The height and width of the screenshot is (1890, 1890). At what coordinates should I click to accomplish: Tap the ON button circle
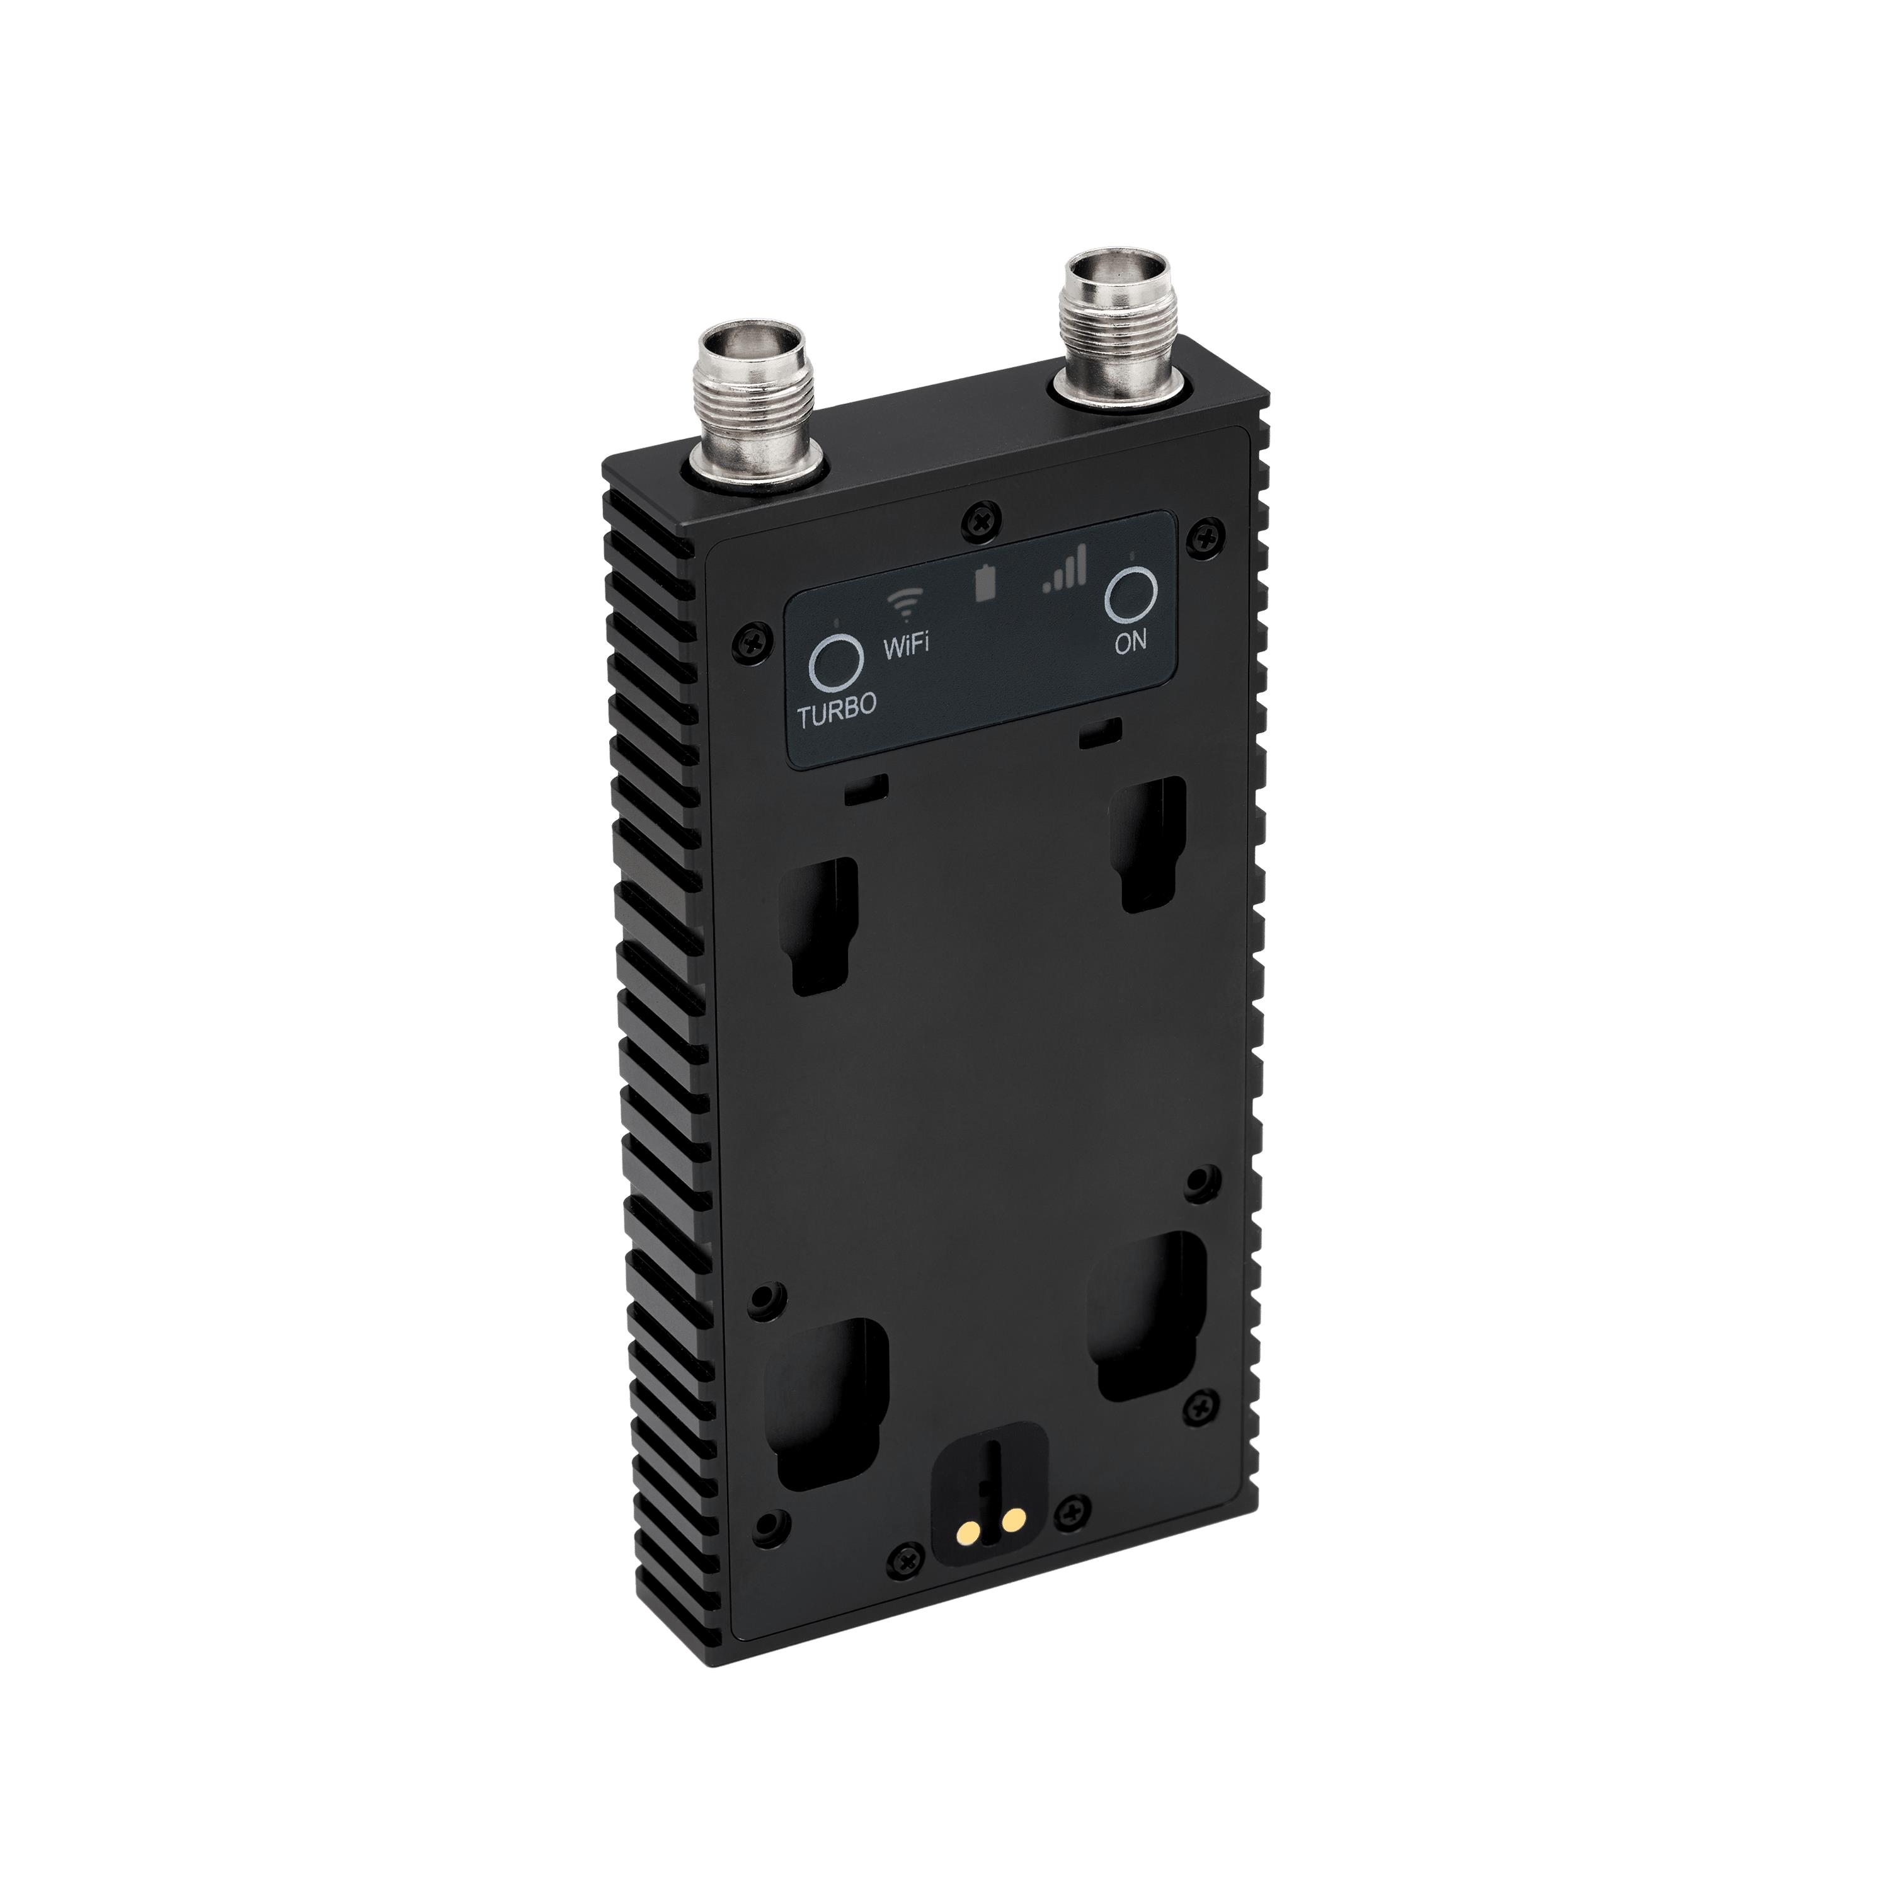click(x=1131, y=594)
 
